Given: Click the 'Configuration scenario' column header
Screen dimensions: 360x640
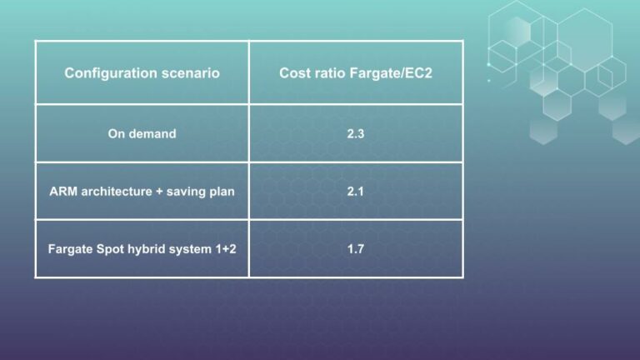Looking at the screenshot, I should pyautogui.click(x=142, y=73).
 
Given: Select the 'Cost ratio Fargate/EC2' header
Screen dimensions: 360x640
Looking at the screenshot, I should pyautogui.click(x=356, y=73).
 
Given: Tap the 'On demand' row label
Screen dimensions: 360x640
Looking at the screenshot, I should pyautogui.click(x=142, y=133).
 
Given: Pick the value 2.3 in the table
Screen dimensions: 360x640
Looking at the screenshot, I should pyautogui.click(x=356, y=133).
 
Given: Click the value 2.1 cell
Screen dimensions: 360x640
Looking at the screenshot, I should pyautogui.click(x=356, y=191).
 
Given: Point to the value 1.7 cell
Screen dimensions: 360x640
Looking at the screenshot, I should pyautogui.click(x=356, y=248).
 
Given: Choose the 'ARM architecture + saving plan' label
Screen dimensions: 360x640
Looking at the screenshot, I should pyautogui.click(x=142, y=191).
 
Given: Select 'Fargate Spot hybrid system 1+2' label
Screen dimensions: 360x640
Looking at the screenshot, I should pyautogui.click(x=142, y=248).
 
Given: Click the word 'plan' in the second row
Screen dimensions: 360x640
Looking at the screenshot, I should pyautogui.click(x=221, y=191).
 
